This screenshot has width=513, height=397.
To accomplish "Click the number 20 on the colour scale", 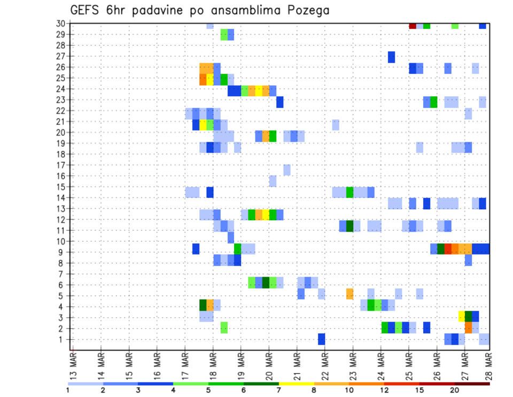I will coord(454,390).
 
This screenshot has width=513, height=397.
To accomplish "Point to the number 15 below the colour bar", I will coord(419,390).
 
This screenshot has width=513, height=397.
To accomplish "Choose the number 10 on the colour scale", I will coord(349,390).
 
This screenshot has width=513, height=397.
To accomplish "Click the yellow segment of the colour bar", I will coord(297,384).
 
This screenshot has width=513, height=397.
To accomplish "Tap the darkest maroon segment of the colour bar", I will coord(472,384).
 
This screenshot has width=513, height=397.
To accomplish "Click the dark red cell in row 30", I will coord(413,26).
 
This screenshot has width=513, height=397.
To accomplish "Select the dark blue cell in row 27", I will coord(391,57).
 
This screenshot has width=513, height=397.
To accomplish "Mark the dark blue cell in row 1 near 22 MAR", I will coord(322,339).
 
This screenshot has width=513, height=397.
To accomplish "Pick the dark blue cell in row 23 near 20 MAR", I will coord(280,102).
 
